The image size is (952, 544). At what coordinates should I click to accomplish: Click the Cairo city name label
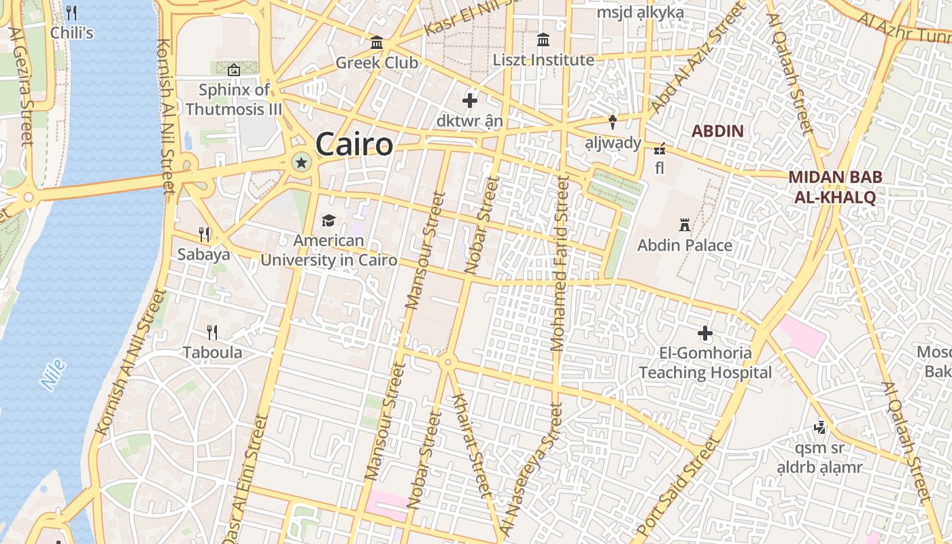coord(354,144)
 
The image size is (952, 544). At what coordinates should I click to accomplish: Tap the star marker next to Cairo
coord(301,162)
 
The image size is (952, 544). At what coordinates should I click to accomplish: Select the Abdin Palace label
coord(684,245)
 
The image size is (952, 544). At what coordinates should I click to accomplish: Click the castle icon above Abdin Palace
coord(685,224)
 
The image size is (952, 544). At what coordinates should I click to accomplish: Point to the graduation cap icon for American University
coord(328,220)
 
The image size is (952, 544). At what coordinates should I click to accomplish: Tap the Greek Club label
coord(377,63)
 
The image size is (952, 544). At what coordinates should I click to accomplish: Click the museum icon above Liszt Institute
coord(543,40)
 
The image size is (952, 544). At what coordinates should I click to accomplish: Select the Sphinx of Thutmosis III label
coord(233,99)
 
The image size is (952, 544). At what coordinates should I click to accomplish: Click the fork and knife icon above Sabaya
coord(204,235)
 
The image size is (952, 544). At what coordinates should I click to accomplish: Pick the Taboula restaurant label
coord(212,352)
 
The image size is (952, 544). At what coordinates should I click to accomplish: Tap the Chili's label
coord(71,33)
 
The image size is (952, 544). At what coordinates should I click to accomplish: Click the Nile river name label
coord(53,375)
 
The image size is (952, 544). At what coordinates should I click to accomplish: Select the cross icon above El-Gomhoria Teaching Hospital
coord(705,333)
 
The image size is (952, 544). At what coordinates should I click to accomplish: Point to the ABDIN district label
coord(717,131)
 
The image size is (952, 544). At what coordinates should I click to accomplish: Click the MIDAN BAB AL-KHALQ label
coord(834,187)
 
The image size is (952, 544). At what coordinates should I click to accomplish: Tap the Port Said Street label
coord(679,488)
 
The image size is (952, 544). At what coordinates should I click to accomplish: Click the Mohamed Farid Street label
coord(560,264)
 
